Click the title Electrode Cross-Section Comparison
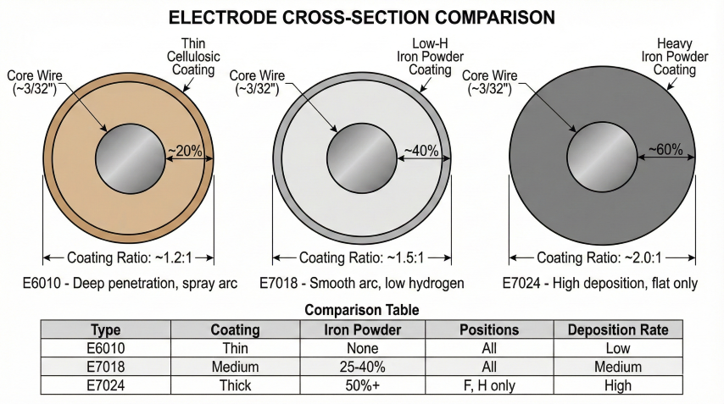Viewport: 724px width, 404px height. point(362,17)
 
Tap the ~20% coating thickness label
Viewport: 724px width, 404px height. point(185,152)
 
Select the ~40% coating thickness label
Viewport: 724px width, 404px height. point(420,152)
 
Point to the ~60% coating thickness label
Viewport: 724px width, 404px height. point(666,150)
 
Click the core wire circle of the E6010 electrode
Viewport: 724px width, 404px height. point(130,159)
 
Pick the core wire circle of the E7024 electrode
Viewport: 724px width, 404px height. point(602,158)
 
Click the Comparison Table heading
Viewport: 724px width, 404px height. point(361,310)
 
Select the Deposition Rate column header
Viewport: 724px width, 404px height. point(617,329)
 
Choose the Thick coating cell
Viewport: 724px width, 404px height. point(235,385)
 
